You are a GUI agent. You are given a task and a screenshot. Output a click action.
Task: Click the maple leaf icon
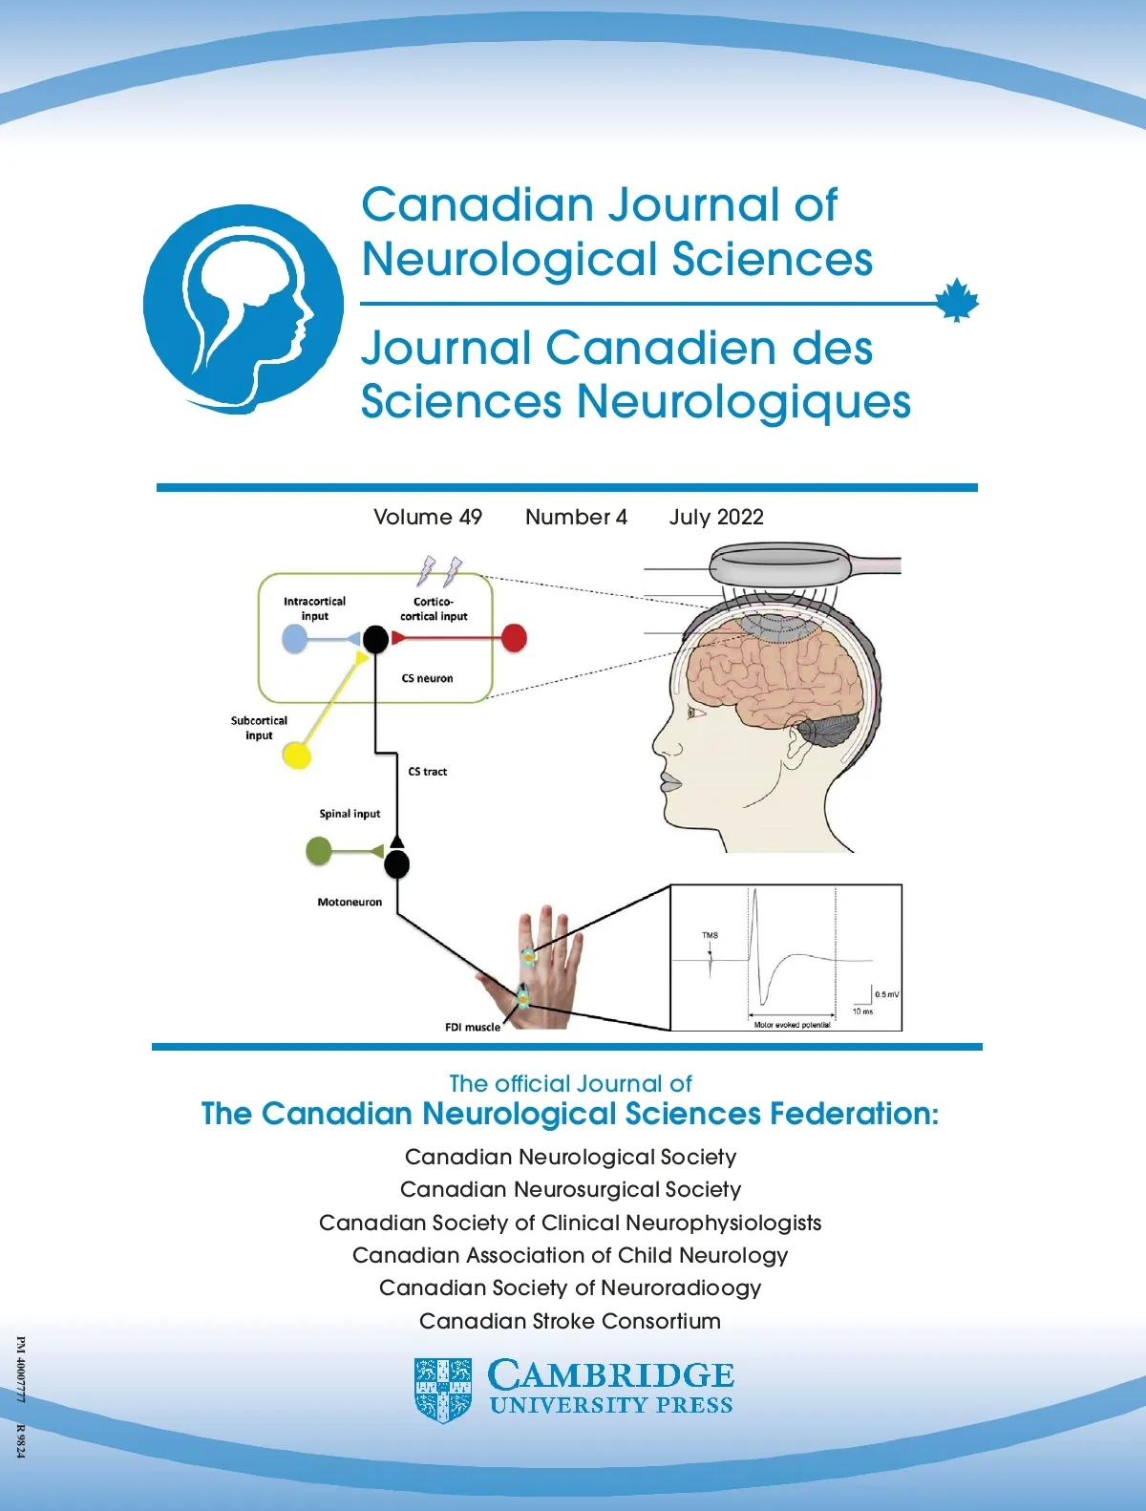pos(957,300)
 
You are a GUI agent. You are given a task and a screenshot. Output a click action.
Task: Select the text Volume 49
pos(428,517)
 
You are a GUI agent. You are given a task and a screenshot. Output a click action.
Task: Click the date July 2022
pos(716,517)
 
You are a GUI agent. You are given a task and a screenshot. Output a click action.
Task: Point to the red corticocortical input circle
pos(514,638)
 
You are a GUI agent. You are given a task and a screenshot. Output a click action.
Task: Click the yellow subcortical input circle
pos(297,755)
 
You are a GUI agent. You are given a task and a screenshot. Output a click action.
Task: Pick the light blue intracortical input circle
pos(294,639)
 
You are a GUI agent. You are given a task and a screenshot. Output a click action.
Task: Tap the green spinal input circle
pos(318,852)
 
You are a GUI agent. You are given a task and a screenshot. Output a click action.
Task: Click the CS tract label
pos(428,772)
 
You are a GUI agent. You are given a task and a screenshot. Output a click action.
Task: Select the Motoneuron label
pos(350,902)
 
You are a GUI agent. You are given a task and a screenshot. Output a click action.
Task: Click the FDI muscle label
pos(473,1027)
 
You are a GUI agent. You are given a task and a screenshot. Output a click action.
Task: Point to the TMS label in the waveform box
pos(710,935)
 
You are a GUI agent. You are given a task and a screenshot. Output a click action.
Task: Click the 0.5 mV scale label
pos(886,994)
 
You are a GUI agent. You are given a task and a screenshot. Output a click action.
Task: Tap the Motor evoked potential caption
pos(793,1025)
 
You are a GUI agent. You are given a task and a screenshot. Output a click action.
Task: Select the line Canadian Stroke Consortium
pos(570,1321)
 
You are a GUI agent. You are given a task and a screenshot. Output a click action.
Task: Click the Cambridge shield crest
pos(442,1391)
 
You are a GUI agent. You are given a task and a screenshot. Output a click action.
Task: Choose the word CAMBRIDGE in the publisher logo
pos(611,1374)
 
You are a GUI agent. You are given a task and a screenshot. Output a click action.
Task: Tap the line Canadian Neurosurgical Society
pos(570,1189)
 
